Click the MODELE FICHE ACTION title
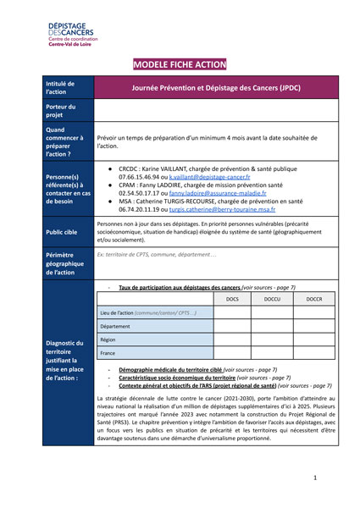[180, 64]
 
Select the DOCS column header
[232, 299]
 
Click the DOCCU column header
[272, 299]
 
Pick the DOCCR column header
[313, 299]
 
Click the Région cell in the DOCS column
[232, 340]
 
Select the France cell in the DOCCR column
[313, 353]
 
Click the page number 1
[315, 478]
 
